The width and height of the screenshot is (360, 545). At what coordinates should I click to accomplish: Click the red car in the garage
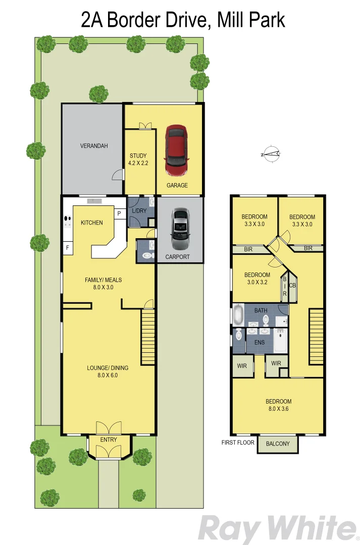pos(176,150)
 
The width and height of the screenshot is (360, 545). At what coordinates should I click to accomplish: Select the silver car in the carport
pos(180,229)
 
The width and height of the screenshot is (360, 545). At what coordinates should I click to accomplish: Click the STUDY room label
pos(138,156)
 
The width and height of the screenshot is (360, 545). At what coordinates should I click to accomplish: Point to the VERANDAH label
pos(94,146)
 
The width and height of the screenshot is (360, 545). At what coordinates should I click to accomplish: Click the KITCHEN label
pos(91,223)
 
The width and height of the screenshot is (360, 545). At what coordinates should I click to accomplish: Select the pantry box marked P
pos(119,213)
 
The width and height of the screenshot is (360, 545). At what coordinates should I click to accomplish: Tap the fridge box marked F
pos(67,248)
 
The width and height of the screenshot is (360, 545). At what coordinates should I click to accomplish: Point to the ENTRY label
pos(109,440)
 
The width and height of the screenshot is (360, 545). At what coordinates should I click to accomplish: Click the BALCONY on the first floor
pos(278,444)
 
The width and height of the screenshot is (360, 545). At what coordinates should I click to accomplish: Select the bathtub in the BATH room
pos(238,315)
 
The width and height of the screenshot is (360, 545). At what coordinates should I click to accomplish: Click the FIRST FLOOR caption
pos(238,443)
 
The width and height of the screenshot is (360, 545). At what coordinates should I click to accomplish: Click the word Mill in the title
pos(230,20)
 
